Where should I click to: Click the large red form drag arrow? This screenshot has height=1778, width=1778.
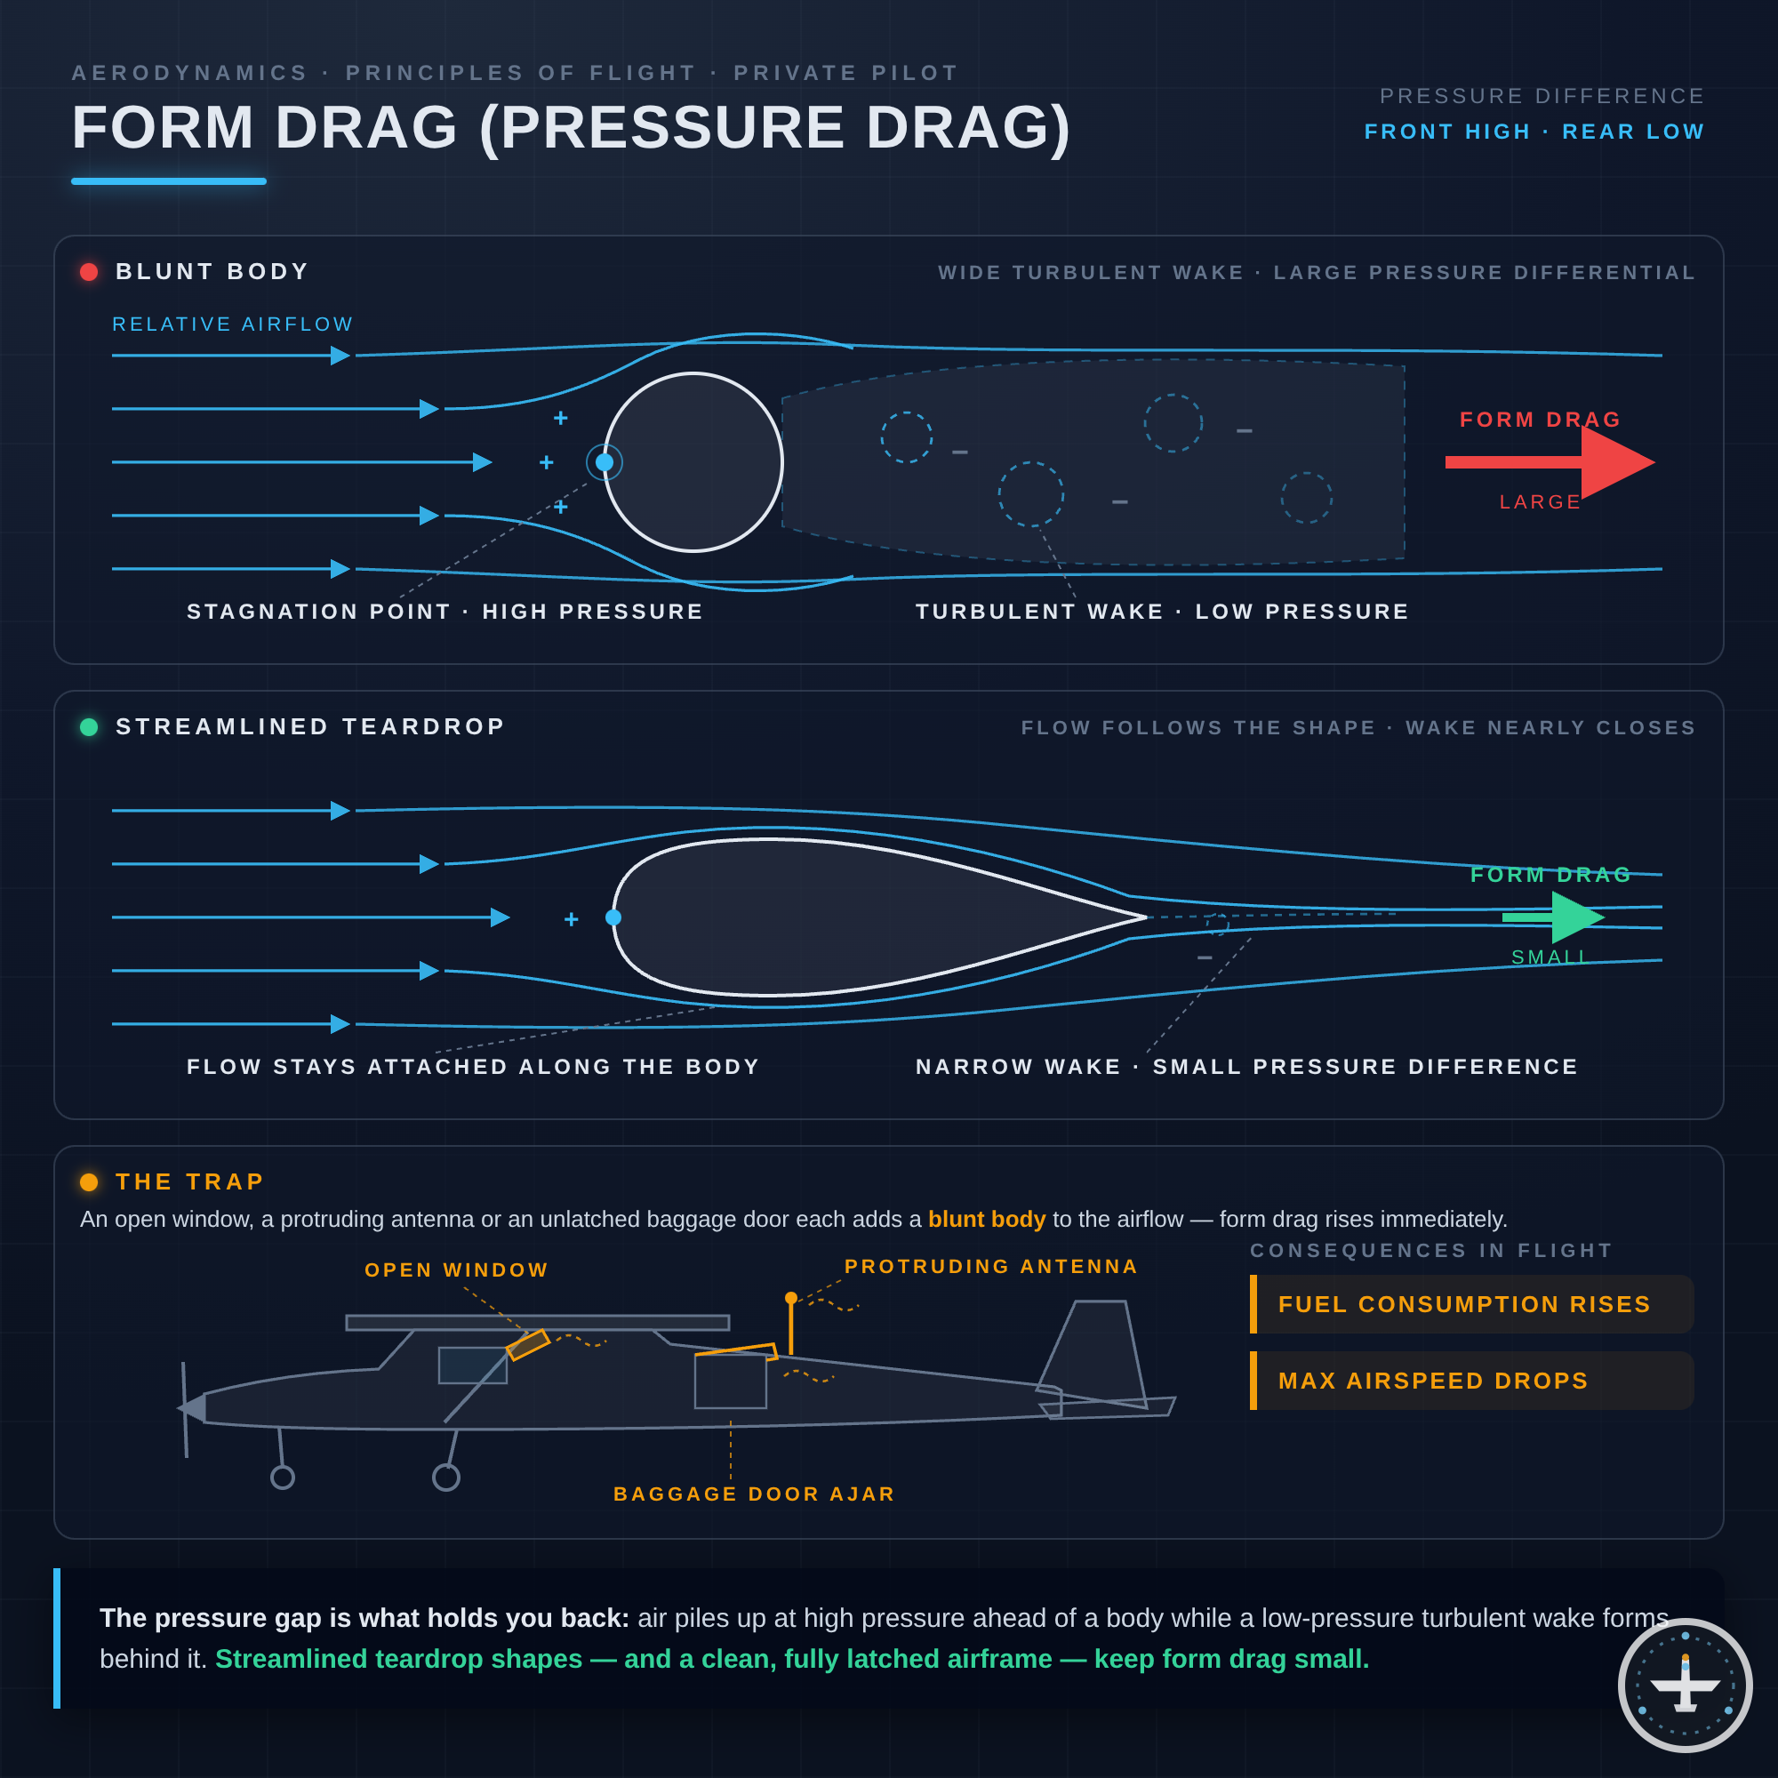point(1550,462)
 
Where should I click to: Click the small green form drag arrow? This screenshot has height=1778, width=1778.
point(1553,917)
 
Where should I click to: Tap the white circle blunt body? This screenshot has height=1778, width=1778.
point(693,462)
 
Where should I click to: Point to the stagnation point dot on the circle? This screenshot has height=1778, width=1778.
point(605,462)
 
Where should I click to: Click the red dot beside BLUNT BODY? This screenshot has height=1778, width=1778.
point(89,271)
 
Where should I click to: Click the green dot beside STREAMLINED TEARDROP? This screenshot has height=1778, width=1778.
point(89,727)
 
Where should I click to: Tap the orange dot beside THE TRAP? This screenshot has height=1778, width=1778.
point(89,1181)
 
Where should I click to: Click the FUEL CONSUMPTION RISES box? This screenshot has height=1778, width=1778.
point(1471,1304)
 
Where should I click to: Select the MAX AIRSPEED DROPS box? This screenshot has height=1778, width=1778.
point(1471,1381)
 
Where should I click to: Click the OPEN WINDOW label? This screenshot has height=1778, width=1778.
point(456,1270)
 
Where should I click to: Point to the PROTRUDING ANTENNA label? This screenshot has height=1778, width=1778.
point(991,1266)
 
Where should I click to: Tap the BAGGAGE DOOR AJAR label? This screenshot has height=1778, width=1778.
point(755,1494)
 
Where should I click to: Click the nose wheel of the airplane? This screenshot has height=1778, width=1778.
point(283,1477)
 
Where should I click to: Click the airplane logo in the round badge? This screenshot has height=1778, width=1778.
point(1685,1685)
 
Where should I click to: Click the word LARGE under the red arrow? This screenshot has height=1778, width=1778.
point(1541,501)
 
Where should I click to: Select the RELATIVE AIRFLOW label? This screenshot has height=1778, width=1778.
point(233,324)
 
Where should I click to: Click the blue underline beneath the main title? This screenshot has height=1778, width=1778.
point(168,181)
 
